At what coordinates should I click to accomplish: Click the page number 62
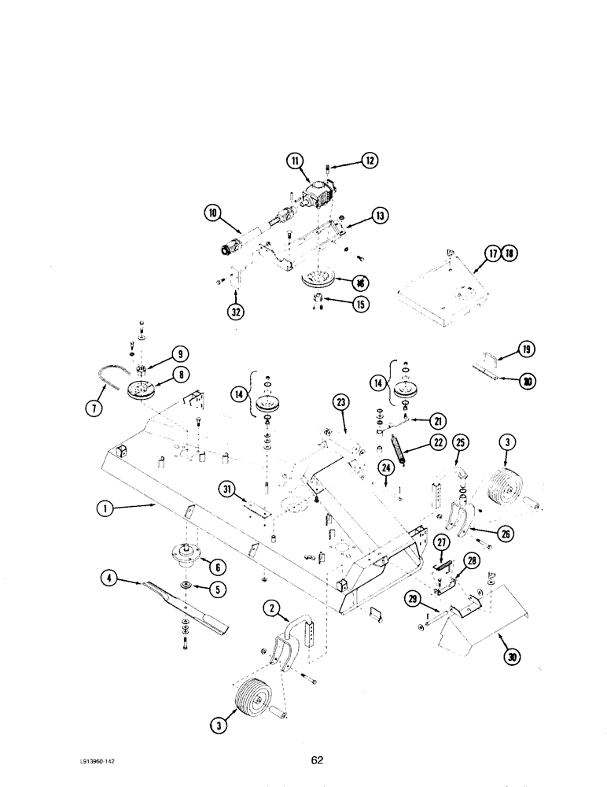pyautogui.click(x=316, y=760)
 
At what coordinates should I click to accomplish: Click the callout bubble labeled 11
pyautogui.click(x=295, y=161)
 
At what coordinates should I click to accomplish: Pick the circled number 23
pyautogui.click(x=340, y=402)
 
